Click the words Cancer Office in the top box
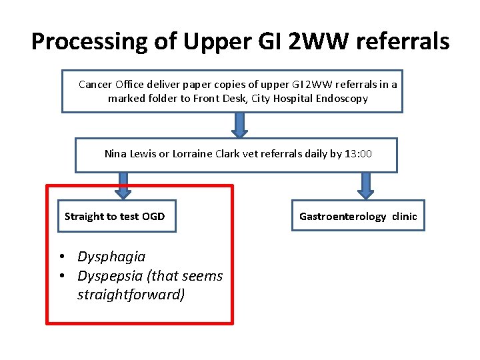point(110,85)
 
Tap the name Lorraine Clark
point(194,154)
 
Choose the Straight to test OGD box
point(116,216)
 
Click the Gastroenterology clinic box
point(358,216)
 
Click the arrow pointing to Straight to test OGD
point(123,186)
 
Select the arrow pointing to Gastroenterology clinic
point(366,186)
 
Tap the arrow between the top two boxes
point(239,124)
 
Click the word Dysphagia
point(111,257)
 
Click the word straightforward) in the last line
point(131,295)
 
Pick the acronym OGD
point(153,216)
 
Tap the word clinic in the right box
point(404,216)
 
